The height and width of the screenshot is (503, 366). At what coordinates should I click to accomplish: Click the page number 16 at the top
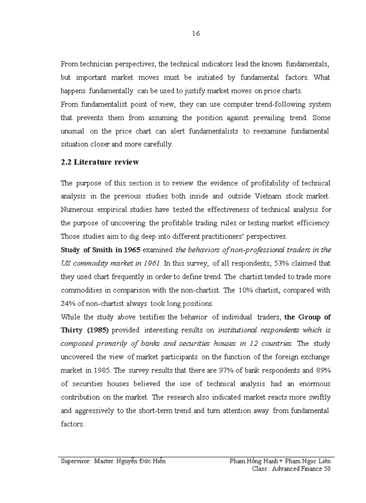196,34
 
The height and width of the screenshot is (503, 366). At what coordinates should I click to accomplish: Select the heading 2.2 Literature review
100,162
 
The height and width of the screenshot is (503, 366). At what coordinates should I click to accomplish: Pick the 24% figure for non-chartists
68,303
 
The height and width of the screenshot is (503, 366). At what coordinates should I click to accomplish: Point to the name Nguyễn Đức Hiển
143,461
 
